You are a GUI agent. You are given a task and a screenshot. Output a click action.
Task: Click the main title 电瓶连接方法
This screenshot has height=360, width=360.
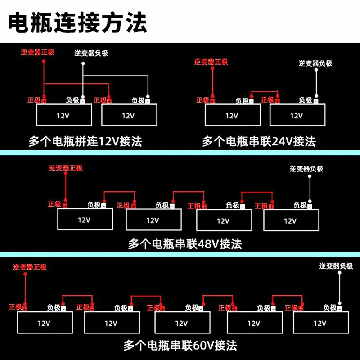tap(77, 22)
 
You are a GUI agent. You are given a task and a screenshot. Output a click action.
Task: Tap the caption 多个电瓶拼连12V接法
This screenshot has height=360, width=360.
tap(85, 141)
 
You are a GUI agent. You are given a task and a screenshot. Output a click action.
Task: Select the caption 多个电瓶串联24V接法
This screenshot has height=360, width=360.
tap(259, 141)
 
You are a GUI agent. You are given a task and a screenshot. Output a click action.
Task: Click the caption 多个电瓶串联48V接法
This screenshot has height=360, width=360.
tap(185, 244)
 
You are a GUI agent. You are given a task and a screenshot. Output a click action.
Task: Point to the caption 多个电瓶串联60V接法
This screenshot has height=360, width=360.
tap(180, 345)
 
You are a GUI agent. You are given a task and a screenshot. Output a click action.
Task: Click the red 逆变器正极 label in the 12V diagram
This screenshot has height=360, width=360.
tap(38, 52)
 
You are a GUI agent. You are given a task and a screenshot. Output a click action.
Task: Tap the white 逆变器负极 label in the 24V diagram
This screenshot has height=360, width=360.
tap(315, 63)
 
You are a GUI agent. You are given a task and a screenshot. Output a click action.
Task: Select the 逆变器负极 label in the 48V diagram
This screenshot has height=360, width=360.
tap(306, 169)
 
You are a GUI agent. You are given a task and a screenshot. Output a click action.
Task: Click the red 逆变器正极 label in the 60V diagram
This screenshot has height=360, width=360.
tap(30, 267)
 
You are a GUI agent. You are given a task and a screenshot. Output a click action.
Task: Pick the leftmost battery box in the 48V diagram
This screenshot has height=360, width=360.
tap(85, 219)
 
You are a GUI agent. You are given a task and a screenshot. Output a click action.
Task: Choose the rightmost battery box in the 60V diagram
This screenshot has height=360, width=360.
tap(321, 322)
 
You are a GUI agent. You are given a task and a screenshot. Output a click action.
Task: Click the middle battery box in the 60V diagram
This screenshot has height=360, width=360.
tap(183, 322)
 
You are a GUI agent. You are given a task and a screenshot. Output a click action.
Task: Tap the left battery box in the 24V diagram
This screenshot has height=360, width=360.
tap(233, 115)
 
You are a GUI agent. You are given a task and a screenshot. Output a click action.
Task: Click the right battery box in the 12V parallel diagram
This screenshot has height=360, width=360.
tap(129, 115)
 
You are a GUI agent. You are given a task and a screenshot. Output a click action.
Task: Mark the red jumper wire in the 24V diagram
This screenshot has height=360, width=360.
tap(265, 91)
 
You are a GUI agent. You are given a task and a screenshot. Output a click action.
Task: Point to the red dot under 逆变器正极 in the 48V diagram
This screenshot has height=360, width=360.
tap(66, 174)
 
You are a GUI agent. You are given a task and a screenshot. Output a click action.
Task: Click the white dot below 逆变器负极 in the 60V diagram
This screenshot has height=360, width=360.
tap(340, 273)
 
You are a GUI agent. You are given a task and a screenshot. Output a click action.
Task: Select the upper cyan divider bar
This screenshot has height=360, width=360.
tap(180, 153)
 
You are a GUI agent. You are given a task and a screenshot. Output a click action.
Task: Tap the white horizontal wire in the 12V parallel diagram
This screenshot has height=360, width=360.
tap(116, 76)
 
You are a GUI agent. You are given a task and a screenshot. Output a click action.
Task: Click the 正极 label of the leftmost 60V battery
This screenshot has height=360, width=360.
tap(15, 307)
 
